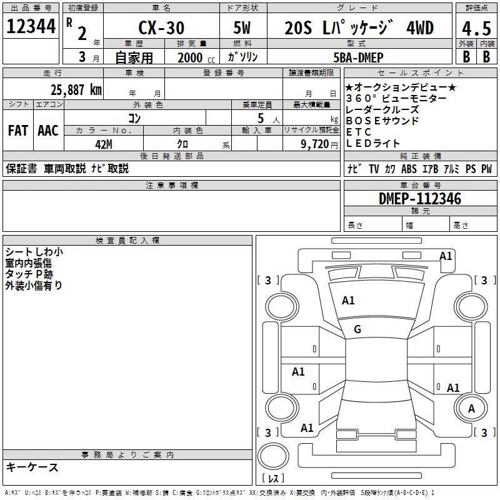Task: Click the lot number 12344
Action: [x=31, y=27]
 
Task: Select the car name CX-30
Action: [x=161, y=28]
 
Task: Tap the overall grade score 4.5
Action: [x=476, y=29]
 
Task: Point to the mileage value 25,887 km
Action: [x=76, y=89]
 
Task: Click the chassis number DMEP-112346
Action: [x=420, y=199]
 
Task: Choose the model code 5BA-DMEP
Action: [x=358, y=57]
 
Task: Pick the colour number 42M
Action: [x=104, y=143]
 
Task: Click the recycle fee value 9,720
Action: [x=315, y=144]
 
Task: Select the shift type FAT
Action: [x=18, y=131]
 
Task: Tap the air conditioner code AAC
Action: [x=48, y=131]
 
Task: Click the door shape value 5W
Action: [x=242, y=29]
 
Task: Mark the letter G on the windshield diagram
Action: [x=357, y=329]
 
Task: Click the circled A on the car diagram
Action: [x=472, y=409]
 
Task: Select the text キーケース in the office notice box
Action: [x=32, y=467]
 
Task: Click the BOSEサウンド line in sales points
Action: [x=382, y=121]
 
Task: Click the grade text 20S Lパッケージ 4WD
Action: [x=359, y=28]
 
